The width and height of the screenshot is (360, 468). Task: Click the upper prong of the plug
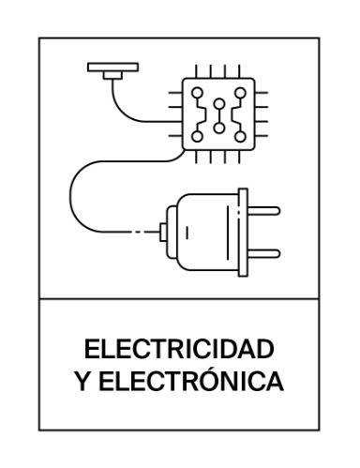pos(265,212)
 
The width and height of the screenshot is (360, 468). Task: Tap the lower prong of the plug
pos(265,251)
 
